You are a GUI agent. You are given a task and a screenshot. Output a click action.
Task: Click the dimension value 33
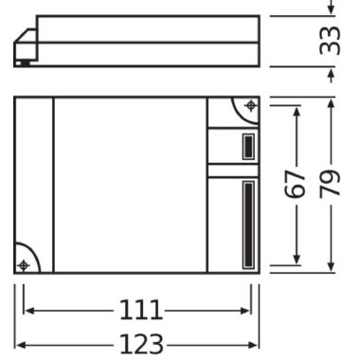coord(331,42)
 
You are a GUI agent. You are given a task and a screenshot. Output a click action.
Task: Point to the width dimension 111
coord(137,311)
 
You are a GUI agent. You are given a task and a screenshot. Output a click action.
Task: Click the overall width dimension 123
coord(137,343)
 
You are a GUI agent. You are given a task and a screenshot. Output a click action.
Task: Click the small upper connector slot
coord(246,146)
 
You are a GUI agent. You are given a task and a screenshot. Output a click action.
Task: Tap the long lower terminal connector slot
coord(247,224)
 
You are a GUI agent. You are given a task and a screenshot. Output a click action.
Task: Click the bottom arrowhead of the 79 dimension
coord(331,269)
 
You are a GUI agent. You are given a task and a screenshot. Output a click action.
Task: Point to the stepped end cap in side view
coord(26,47)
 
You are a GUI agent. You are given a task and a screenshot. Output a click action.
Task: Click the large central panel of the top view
coord(130,185)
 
